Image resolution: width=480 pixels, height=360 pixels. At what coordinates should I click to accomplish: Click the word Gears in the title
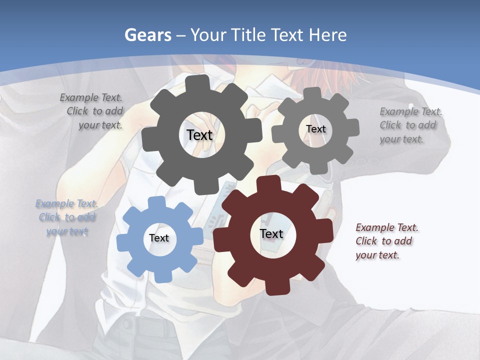point(147,35)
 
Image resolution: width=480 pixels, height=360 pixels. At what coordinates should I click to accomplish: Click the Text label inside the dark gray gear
point(200,135)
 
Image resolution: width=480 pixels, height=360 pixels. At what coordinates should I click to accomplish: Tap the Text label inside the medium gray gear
point(315,129)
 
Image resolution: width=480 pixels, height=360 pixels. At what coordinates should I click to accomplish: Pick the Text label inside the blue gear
point(159,238)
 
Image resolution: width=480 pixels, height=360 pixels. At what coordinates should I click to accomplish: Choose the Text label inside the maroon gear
point(271,233)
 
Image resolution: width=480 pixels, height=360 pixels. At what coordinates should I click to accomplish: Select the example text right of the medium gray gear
point(410,125)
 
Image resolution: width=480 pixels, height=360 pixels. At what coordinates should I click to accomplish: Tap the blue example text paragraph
point(66,217)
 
